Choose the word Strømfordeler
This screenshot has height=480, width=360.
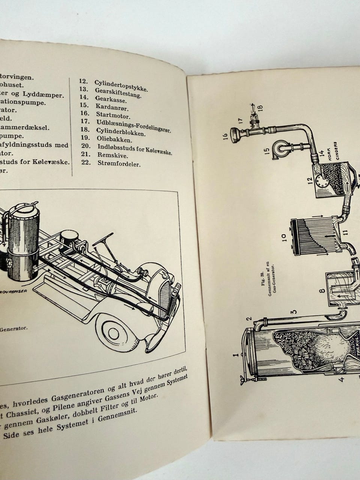click(x=119, y=164)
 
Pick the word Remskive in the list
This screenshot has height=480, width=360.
click(x=112, y=155)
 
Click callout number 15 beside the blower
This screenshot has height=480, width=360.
click(x=267, y=151)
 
